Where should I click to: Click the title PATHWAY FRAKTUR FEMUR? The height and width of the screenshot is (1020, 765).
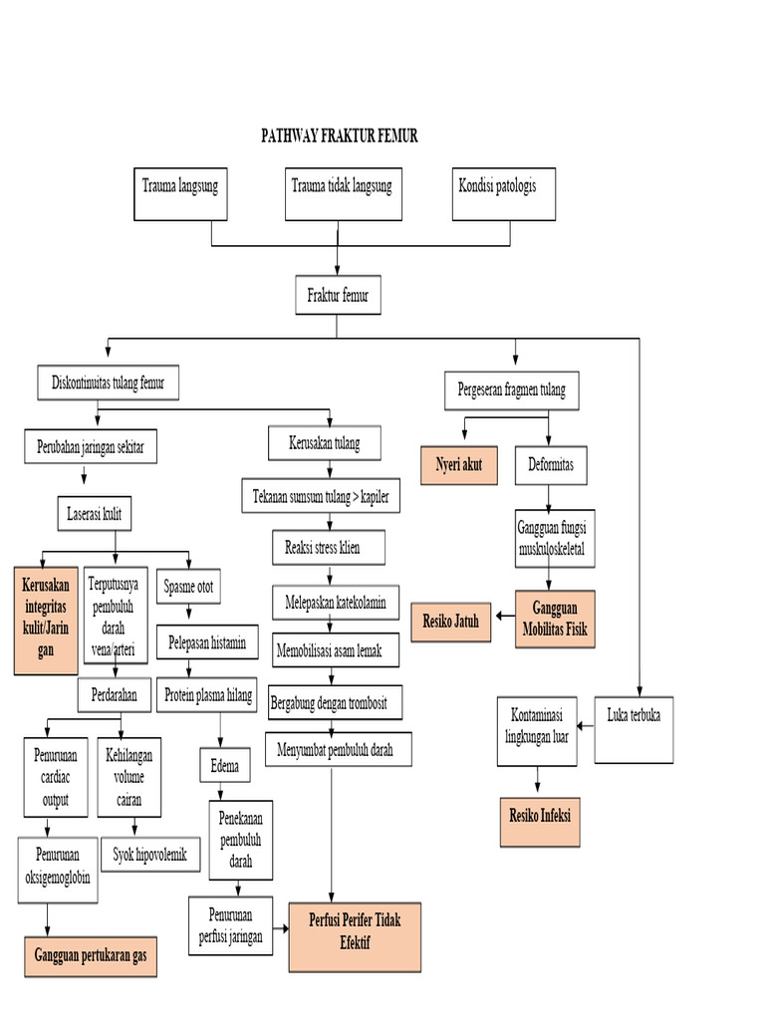(339, 136)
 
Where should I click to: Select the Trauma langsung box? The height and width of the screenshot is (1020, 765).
(180, 193)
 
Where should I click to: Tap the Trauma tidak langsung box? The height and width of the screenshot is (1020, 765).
(342, 193)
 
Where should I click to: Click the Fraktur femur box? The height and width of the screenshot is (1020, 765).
(339, 296)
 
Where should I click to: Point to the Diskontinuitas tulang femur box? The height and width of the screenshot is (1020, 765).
(109, 382)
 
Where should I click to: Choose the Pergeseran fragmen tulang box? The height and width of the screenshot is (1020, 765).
(511, 390)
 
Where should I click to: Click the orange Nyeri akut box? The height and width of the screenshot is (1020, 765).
(459, 465)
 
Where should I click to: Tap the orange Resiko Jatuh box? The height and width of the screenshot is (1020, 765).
(451, 622)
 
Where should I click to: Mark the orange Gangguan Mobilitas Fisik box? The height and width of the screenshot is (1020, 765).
(555, 620)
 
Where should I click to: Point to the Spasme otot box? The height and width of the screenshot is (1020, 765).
(188, 587)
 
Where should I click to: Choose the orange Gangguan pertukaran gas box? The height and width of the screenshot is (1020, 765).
(91, 955)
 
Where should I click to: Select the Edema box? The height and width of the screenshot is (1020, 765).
(226, 768)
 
